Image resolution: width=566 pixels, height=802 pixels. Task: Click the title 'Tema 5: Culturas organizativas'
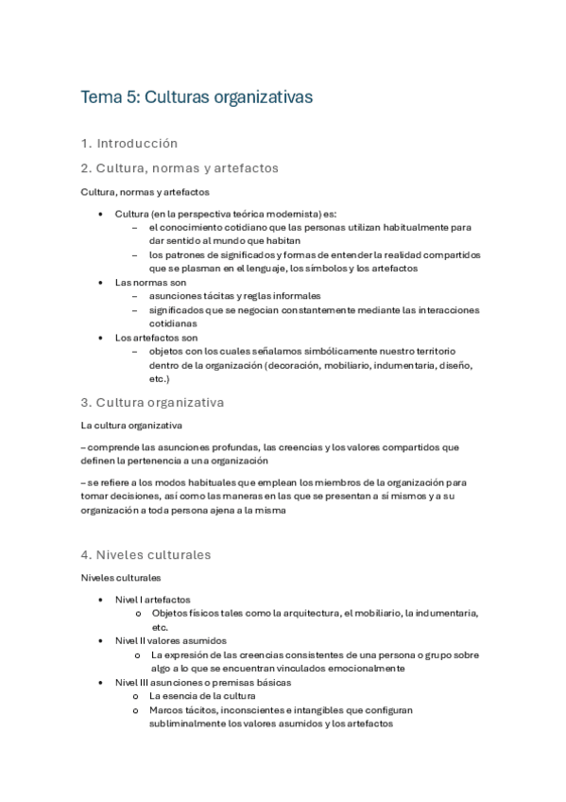point(197,97)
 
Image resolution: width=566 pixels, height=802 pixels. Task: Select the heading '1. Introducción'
point(129,144)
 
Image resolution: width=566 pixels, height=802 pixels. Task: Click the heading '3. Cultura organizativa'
point(152,402)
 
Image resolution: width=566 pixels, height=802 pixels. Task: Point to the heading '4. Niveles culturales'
point(146,555)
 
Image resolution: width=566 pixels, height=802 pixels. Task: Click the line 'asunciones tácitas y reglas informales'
point(234,295)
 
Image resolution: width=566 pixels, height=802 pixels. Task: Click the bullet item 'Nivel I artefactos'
point(152,600)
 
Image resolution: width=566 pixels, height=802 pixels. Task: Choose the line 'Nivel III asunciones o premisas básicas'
point(202,682)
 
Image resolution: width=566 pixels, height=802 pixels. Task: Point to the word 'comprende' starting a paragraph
point(115,447)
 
